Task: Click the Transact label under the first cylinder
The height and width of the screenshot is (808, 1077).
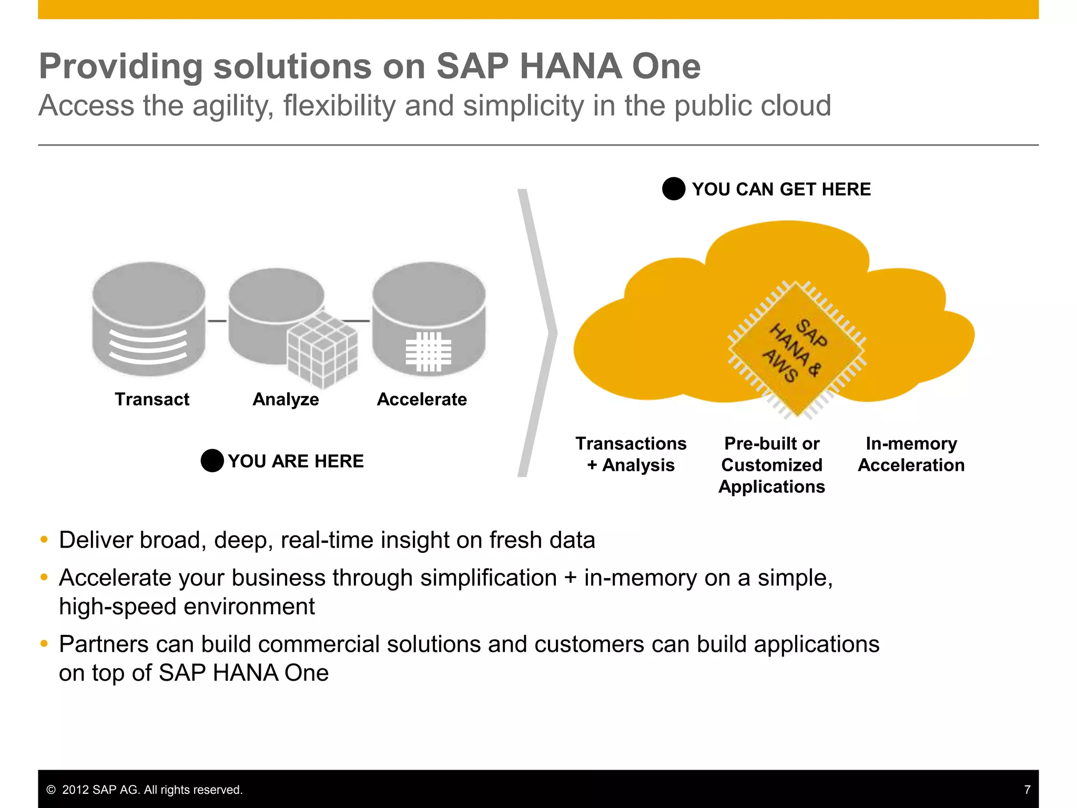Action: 152,399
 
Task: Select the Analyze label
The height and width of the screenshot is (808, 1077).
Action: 286,399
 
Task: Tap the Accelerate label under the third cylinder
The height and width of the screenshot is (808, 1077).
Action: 422,399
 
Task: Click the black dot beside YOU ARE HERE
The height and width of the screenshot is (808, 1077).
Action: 212,461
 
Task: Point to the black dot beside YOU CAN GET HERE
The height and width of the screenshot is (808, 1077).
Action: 674,189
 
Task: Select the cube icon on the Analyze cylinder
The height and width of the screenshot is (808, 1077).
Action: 322,349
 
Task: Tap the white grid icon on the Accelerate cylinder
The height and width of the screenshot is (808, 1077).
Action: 429,352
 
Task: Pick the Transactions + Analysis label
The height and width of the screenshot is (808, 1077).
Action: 631,454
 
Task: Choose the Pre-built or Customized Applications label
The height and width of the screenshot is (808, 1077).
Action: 771,465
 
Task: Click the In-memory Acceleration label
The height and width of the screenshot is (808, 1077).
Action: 911,454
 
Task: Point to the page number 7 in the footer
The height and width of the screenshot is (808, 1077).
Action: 1027,790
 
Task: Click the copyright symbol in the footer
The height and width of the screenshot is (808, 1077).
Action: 51,790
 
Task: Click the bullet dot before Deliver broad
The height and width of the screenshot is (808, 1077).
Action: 44,540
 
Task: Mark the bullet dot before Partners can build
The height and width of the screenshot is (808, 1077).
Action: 44,644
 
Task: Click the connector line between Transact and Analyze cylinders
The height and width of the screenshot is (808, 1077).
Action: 217,321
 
